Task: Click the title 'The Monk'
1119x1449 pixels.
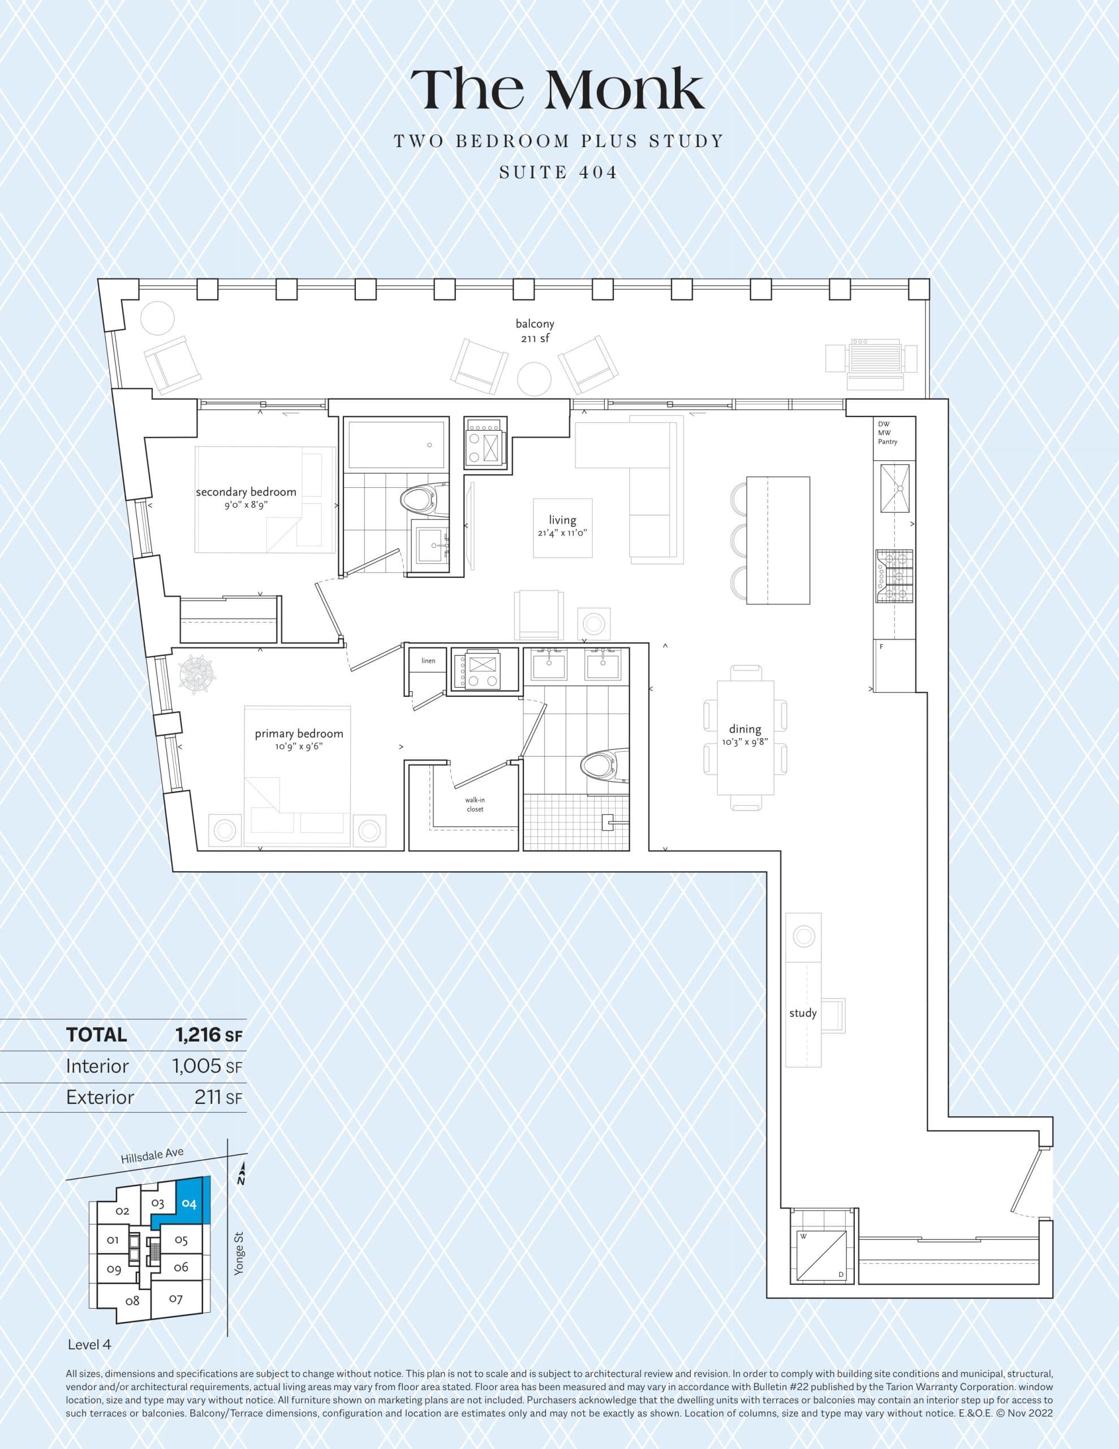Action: pyautogui.click(x=557, y=89)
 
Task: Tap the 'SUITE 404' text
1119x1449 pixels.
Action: pyautogui.click(x=558, y=173)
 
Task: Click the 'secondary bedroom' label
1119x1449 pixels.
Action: pyautogui.click(x=246, y=492)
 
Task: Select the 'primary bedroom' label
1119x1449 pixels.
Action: pyautogui.click(x=299, y=734)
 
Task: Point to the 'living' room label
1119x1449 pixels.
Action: pyautogui.click(x=562, y=521)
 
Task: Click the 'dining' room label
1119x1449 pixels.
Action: pyautogui.click(x=745, y=729)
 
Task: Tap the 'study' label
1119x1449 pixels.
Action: pyautogui.click(x=803, y=1013)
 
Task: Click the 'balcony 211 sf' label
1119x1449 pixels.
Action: pyautogui.click(x=535, y=331)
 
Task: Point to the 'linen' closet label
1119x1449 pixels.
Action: pyautogui.click(x=428, y=661)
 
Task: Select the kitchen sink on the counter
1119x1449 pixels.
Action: pyautogui.click(x=894, y=488)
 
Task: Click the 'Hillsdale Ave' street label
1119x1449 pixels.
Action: pyautogui.click(x=152, y=1156)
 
